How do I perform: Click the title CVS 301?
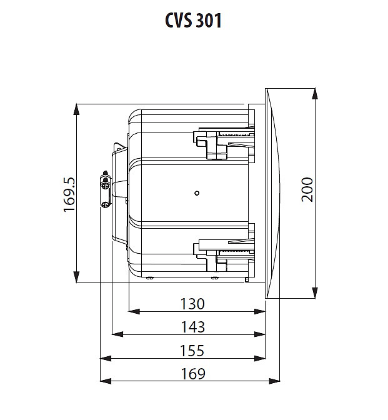click(x=193, y=21)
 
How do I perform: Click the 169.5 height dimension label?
click(x=69, y=194)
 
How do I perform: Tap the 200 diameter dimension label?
click(x=307, y=189)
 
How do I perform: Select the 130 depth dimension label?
click(x=192, y=304)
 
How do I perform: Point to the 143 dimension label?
click(x=193, y=327)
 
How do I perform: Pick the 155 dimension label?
click(x=192, y=351)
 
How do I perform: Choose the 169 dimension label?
click(x=193, y=374)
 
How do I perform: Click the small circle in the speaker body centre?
click(x=197, y=193)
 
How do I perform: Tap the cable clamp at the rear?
click(x=105, y=189)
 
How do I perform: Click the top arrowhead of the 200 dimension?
click(x=315, y=94)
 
